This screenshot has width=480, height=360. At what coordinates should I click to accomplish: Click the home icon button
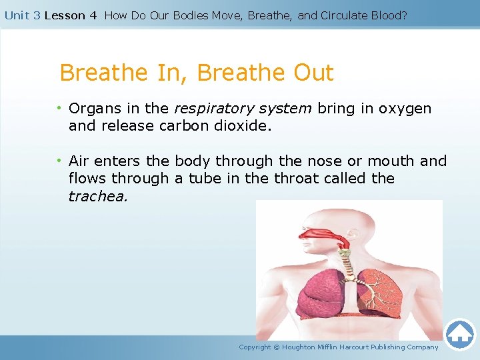point(459,334)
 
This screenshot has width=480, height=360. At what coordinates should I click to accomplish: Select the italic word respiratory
point(210,108)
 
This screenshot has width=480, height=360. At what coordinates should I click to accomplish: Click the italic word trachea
point(97,196)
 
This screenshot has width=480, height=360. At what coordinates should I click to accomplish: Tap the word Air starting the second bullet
point(79,161)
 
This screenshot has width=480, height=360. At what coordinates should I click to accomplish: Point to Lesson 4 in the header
point(70,15)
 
